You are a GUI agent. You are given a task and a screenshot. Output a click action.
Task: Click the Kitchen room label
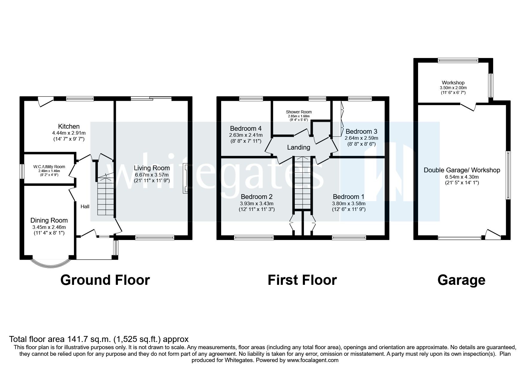69,127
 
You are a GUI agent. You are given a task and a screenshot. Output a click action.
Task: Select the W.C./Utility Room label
49,167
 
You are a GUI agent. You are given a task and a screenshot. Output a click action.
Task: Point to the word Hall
85,206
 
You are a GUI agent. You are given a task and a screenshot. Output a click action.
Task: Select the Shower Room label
299,112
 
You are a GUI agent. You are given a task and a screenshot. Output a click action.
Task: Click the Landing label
298,148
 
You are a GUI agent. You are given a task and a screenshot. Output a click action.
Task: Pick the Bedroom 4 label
245,129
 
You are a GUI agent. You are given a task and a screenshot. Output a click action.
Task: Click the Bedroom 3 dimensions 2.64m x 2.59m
361,138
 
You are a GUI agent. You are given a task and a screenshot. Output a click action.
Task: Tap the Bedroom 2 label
256,197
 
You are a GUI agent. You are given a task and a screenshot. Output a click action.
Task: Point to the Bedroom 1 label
348,197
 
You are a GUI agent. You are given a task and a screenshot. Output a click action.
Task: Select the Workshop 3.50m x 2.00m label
453,88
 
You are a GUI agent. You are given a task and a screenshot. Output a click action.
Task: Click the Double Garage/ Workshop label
461,170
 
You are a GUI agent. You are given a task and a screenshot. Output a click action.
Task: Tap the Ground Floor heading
105,280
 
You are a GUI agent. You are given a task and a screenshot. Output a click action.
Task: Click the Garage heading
461,280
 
